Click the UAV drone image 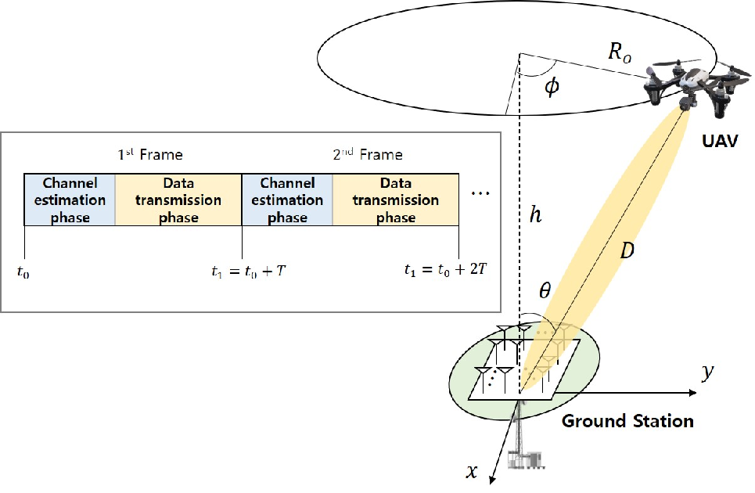point(697,86)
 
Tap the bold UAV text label point(720,141)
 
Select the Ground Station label point(627,421)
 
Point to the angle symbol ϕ point(552,87)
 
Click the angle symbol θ point(545,290)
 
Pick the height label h point(535,214)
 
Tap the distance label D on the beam point(627,250)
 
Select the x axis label point(472,470)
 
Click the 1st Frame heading point(150,154)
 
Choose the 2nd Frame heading point(368,154)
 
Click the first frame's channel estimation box point(70,200)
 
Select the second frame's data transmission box point(396,200)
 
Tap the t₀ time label point(23,272)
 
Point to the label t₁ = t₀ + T point(249,272)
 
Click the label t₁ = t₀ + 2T point(446,270)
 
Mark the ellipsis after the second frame point(480,193)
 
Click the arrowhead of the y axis point(693,393)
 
